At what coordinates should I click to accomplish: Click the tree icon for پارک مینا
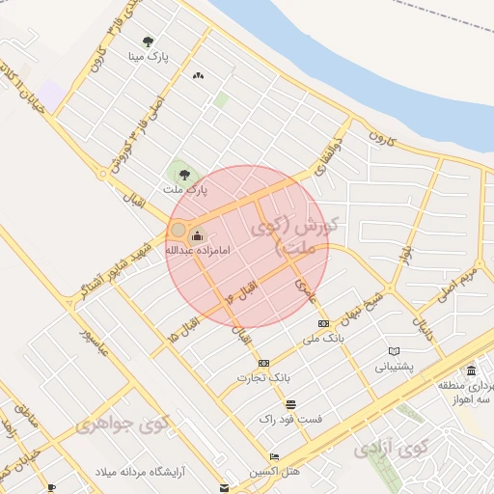148,41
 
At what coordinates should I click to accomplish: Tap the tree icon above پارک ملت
184,175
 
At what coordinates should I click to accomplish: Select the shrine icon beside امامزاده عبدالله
198,235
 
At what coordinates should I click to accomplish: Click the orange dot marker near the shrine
178,230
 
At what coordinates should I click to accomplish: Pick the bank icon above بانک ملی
323,324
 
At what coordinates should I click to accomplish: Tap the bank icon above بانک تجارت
264,362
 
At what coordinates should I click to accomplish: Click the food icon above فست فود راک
290,403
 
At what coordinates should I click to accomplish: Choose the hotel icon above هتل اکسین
275,456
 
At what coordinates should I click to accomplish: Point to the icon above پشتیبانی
394,351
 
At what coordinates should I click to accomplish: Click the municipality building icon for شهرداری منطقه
471,371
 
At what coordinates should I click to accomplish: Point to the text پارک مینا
150,57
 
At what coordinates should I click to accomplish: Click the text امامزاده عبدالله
201,250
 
